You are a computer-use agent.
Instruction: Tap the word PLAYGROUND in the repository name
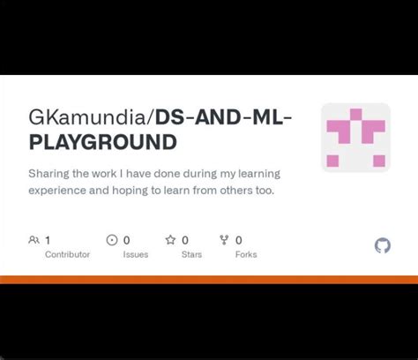coord(102,141)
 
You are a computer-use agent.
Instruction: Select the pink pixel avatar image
coord(355,137)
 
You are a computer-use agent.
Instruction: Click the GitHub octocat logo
coord(383,245)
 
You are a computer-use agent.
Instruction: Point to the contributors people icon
coord(34,240)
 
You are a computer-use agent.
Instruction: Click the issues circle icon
coord(112,240)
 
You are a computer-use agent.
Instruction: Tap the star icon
coord(170,240)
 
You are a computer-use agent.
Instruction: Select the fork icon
coord(224,240)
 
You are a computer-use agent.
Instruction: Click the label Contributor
coord(67,254)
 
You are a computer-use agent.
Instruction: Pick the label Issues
coord(135,254)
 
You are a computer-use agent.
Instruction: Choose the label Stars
coord(191,254)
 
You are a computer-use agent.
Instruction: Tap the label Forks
coord(246,254)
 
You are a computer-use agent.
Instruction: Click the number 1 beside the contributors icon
coord(48,240)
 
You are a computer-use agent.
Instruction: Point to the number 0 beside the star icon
coord(185,240)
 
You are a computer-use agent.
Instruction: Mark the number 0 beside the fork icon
coord(238,240)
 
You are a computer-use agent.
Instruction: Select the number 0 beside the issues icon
coord(127,240)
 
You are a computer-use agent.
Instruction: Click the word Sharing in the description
coord(49,174)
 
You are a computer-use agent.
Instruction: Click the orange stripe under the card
coord(209,280)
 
